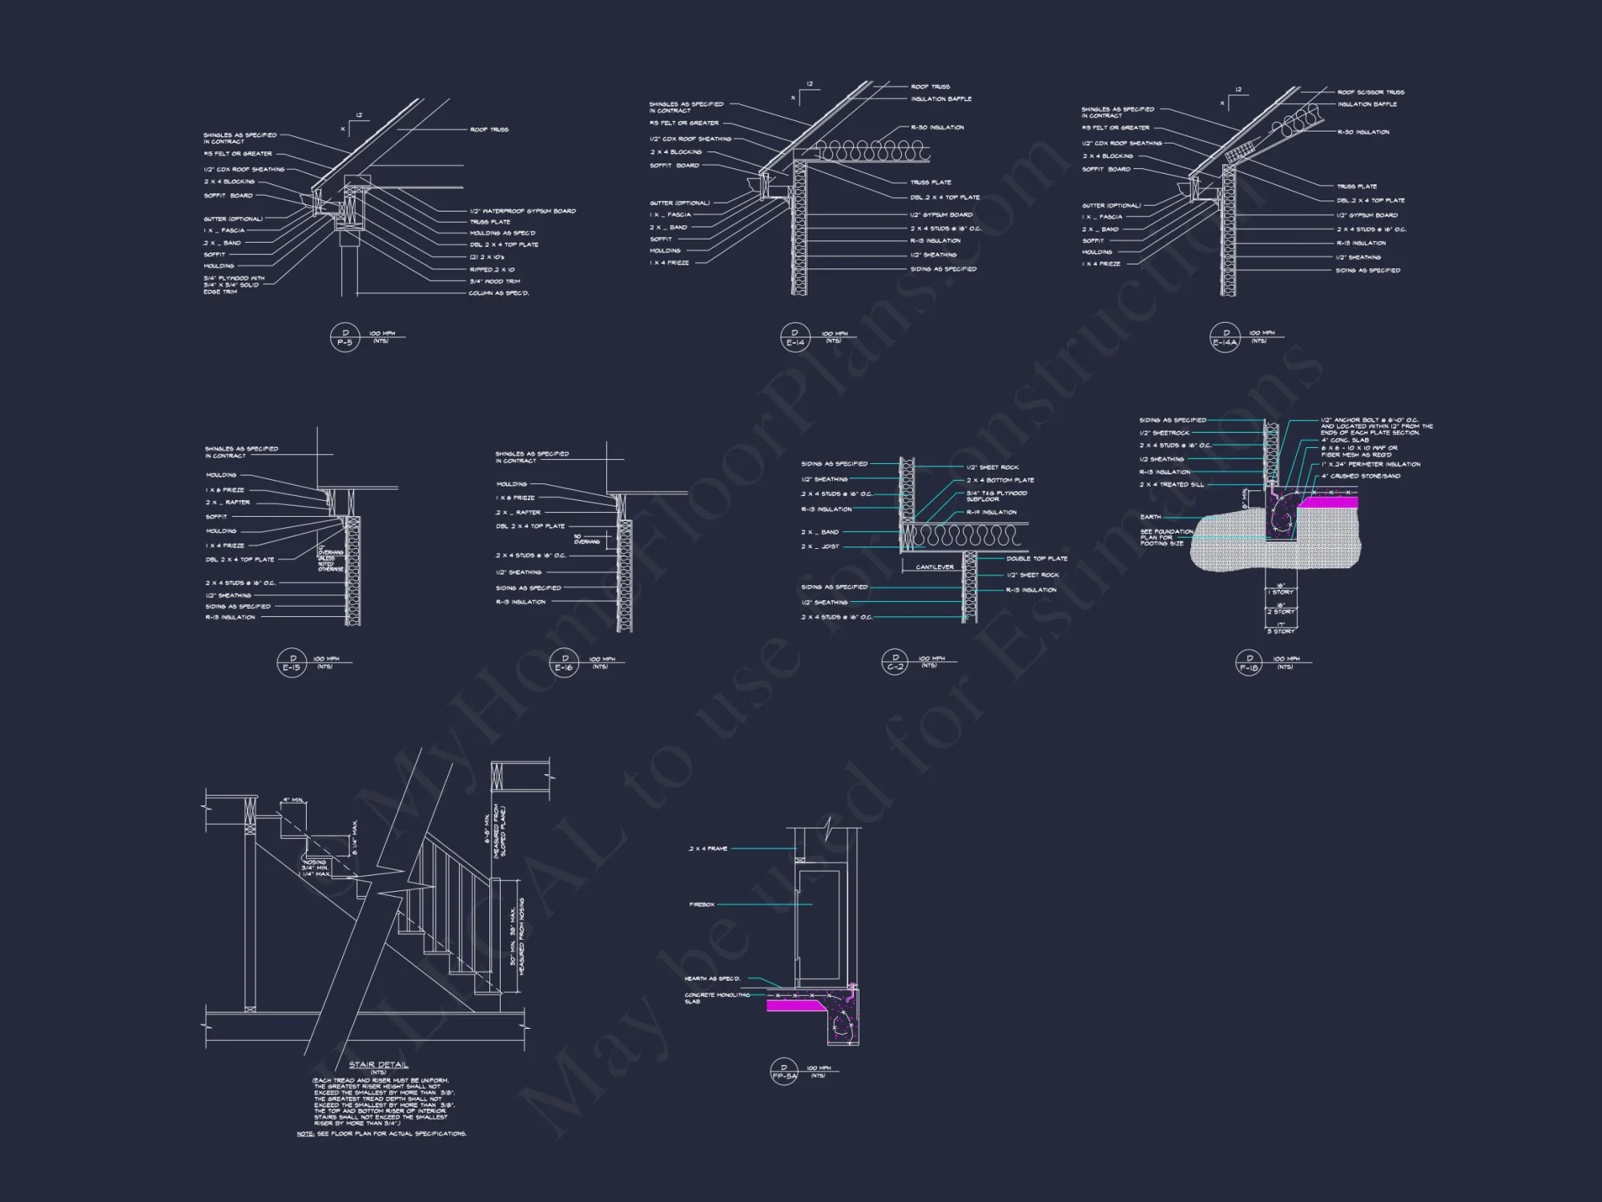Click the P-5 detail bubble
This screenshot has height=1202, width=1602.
[344, 338]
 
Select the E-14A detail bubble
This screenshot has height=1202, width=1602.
[1225, 338]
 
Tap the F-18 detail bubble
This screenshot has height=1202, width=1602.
[1249, 664]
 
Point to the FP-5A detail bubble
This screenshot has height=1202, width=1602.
[784, 1072]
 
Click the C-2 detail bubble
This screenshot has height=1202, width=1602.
[895, 663]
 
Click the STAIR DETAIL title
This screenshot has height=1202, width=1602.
[378, 1065]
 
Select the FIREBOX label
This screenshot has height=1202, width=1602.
[702, 905]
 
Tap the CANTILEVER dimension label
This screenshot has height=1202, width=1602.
[935, 567]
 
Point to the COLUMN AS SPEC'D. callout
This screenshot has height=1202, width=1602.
[498, 293]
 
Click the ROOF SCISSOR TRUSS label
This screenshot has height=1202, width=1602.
[1371, 92]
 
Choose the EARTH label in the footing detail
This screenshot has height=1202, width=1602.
[1150, 517]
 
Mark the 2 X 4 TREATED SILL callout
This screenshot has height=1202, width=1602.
[1171, 485]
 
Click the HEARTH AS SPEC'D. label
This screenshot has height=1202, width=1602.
[712, 978]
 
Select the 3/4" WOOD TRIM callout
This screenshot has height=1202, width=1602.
[494, 281]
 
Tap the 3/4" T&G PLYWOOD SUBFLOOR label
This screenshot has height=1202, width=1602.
[996, 496]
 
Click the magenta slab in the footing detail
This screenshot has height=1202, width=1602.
[1327, 502]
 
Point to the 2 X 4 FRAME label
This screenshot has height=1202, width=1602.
[708, 849]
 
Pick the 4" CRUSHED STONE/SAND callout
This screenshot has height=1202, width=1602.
[1361, 476]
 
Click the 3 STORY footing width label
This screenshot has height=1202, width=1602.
[1281, 631]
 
